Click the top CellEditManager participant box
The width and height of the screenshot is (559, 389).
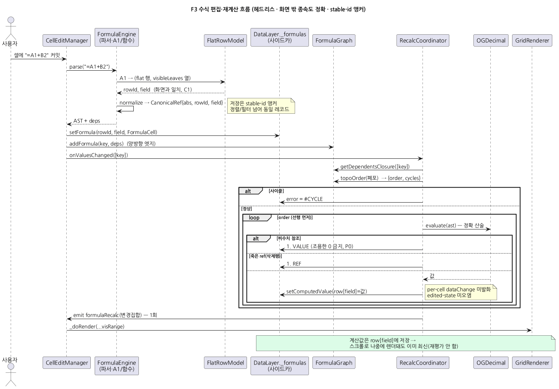point(67,40)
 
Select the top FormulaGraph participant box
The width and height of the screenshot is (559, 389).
point(334,40)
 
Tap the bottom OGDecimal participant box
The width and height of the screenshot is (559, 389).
point(491,363)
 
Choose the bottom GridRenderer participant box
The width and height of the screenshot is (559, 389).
point(532,363)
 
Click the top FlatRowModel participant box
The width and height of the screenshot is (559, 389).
point(225,40)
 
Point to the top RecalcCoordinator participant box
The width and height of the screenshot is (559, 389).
point(423,40)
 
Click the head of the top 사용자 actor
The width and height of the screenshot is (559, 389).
point(11,20)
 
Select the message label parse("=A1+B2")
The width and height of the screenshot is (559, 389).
point(90,67)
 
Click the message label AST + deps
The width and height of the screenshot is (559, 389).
point(87,121)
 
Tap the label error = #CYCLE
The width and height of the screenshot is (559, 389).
point(305,199)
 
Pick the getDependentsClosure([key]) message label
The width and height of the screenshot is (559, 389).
point(375,167)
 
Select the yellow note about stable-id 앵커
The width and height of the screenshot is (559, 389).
point(261,106)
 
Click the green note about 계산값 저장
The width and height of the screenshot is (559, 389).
point(406,343)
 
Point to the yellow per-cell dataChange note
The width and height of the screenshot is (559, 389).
point(461,292)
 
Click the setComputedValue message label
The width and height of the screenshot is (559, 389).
point(326,291)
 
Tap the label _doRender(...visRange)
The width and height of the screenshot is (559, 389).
point(97,327)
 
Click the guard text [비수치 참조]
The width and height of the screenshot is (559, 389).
point(289,239)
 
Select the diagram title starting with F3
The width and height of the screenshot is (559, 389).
point(278,9)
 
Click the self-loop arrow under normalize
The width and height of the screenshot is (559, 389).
point(133,109)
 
